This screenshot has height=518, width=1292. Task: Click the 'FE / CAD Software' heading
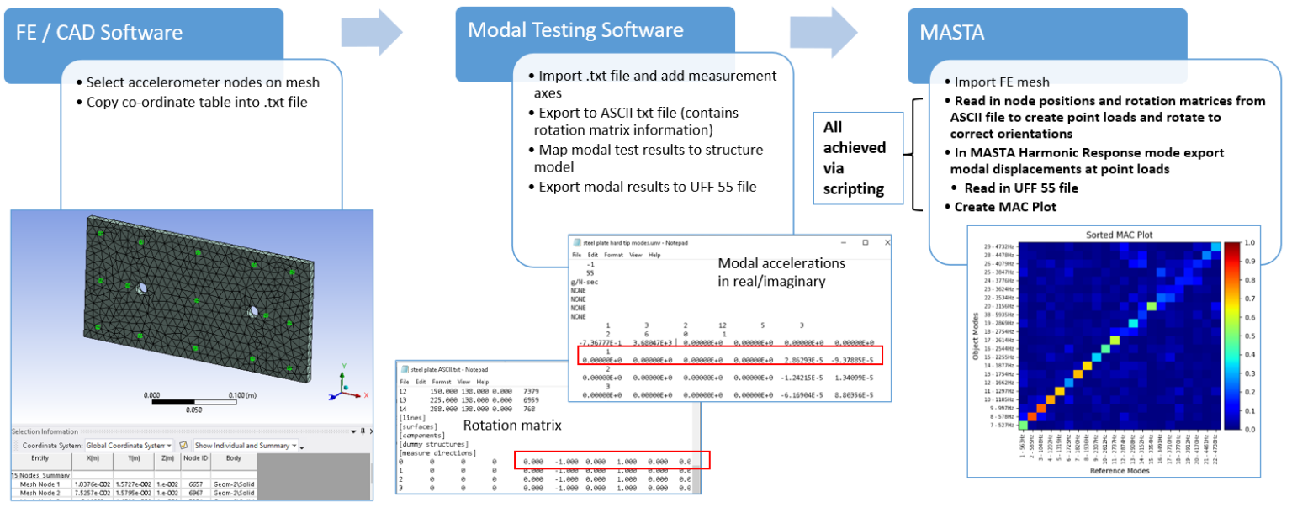[x=99, y=33]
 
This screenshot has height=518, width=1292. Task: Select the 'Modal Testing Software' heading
[x=576, y=30]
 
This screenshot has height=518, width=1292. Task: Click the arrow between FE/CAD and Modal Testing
[x=371, y=32]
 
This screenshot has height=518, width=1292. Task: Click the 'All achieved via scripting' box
[x=855, y=156]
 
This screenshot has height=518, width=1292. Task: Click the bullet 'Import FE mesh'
[x=1002, y=82]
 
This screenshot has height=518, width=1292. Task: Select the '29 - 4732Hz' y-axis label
[x=998, y=246]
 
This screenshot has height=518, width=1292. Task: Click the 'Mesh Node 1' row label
[x=40, y=485]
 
